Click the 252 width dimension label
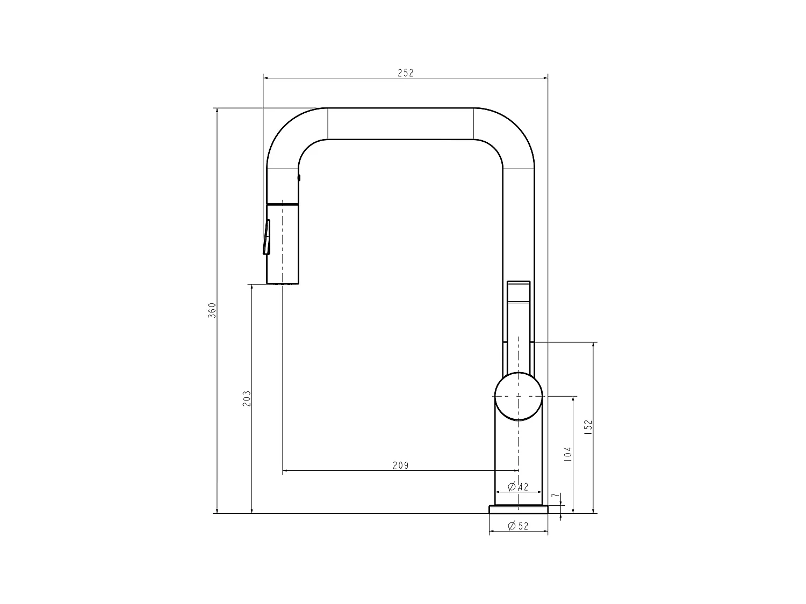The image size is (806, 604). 405,73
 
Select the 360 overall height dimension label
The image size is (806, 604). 212,310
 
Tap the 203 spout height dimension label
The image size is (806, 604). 247,398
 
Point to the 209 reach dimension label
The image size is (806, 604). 401,465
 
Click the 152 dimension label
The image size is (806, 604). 588,427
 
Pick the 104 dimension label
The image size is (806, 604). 567,454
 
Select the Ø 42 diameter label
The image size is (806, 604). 518,486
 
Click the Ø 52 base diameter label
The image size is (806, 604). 518,526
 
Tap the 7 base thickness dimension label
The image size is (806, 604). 557,495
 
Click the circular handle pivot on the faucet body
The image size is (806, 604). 519,396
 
